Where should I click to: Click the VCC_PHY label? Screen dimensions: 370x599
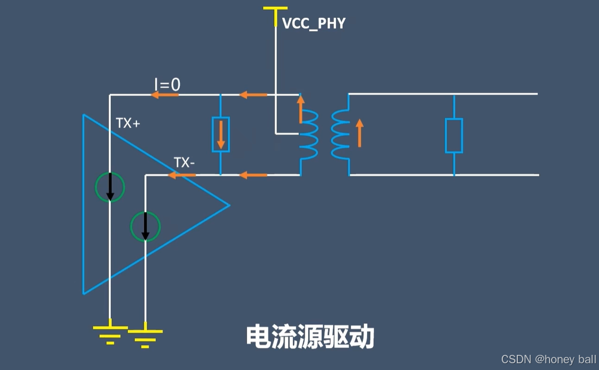pyautogui.click(x=314, y=23)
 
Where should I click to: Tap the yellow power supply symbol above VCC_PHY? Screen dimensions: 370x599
pyautogui.click(x=275, y=9)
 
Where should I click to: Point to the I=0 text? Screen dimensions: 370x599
pyautogui.click(x=167, y=85)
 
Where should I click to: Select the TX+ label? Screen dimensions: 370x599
pyautogui.click(x=128, y=124)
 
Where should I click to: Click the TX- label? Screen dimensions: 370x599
pyautogui.click(x=185, y=163)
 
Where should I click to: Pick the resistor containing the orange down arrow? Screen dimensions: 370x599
pyautogui.click(x=221, y=135)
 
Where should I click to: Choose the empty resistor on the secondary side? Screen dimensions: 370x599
pyautogui.click(x=454, y=135)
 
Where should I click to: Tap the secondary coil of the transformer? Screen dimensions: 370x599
pyautogui.click(x=340, y=134)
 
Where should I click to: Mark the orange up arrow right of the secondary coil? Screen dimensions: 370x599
pyautogui.click(x=359, y=133)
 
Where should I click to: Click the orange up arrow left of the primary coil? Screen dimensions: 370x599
pyautogui.click(x=300, y=109)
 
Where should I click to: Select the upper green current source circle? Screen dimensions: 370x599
pyautogui.click(x=110, y=187)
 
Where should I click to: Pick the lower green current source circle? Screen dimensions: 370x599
pyautogui.click(x=145, y=226)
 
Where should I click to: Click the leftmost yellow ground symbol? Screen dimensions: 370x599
pyautogui.click(x=110, y=334)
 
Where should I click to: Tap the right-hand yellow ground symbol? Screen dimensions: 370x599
pyautogui.click(x=145, y=338)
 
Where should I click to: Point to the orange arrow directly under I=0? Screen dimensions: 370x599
pyautogui.click(x=164, y=95)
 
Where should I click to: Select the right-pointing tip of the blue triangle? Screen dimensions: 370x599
pyautogui.click(x=228, y=205)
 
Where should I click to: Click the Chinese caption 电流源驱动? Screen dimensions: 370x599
pyautogui.click(x=310, y=337)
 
